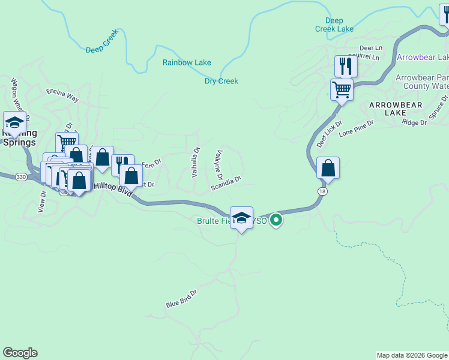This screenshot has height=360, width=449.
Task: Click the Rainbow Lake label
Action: pyautogui.click(x=187, y=62)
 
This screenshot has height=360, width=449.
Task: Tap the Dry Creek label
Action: pyautogui.click(x=221, y=81)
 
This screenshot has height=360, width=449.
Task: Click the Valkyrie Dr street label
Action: pyautogui.click(x=219, y=166)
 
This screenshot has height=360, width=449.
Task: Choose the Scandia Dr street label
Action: pyautogui.click(x=226, y=184)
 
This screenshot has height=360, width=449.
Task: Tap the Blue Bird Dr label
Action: pyautogui.click(x=181, y=299)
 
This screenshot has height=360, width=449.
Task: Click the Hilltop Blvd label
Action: pyautogui.click(x=113, y=187)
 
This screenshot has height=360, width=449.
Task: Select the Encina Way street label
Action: pyautogui.click(x=62, y=94)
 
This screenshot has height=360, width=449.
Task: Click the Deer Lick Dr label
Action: pyautogui.click(x=329, y=134)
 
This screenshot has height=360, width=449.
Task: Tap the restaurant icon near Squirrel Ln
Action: pyautogui.click(x=345, y=66)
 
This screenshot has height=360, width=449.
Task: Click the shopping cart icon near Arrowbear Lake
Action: pyautogui.click(x=342, y=90)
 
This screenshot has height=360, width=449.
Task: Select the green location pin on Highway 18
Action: pyautogui.click(x=276, y=220)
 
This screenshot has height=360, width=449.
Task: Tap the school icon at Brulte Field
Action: pyautogui.click(x=241, y=218)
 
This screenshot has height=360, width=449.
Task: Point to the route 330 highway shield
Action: pyautogui.click(x=21, y=177)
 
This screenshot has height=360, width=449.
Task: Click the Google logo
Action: pyautogui.click(x=20, y=353)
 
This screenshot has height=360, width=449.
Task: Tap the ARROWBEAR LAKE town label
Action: pyautogui.click(x=396, y=109)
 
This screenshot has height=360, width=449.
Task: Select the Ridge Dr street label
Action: pyautogui.click(x=415, y=122)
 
